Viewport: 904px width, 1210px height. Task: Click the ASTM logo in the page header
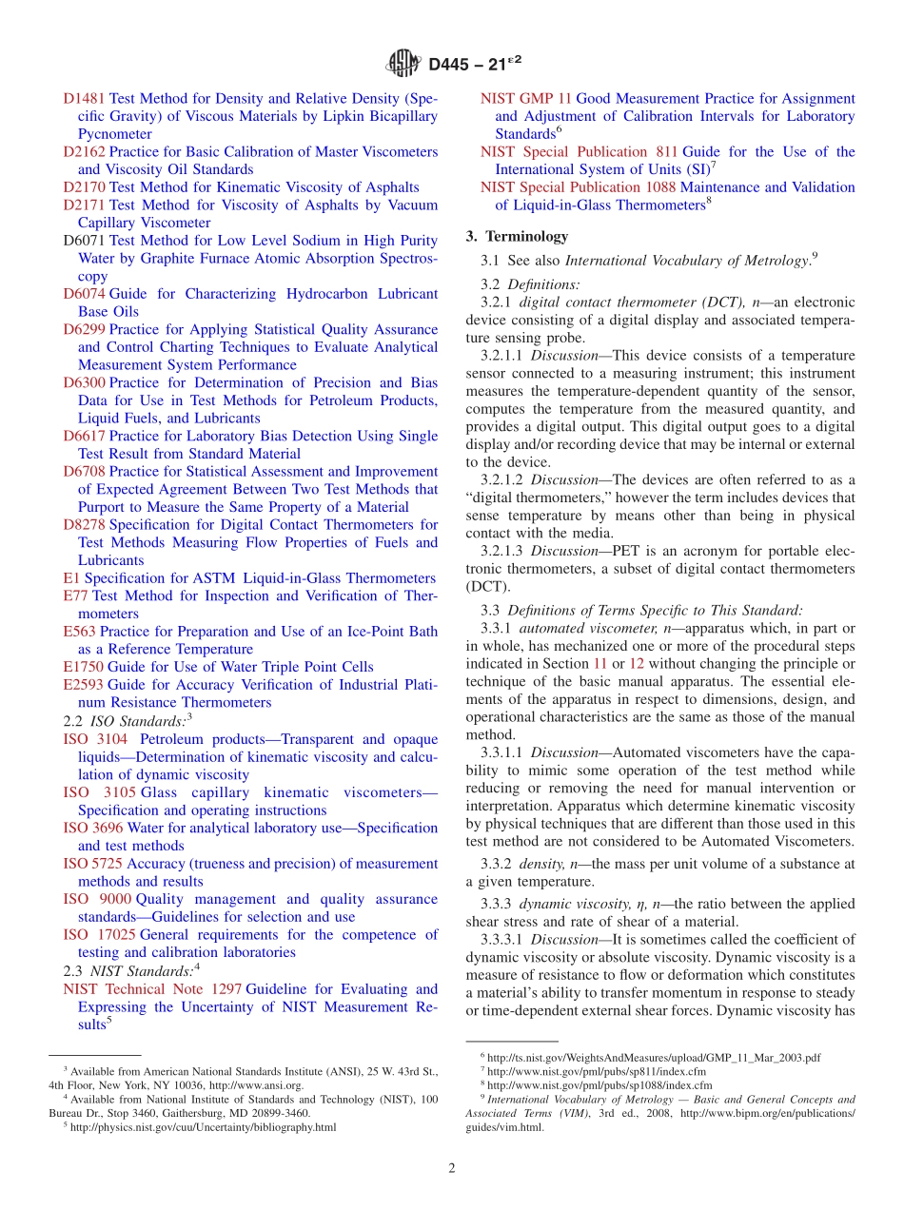[x=404, y=64]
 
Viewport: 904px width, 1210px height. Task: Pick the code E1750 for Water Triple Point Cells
[x=83, y=667]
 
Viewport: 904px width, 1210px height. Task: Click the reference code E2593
[x=83, y=684]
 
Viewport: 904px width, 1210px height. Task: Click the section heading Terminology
[x=527, y=236]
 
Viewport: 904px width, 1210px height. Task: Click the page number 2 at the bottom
[x=452, y=1168]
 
